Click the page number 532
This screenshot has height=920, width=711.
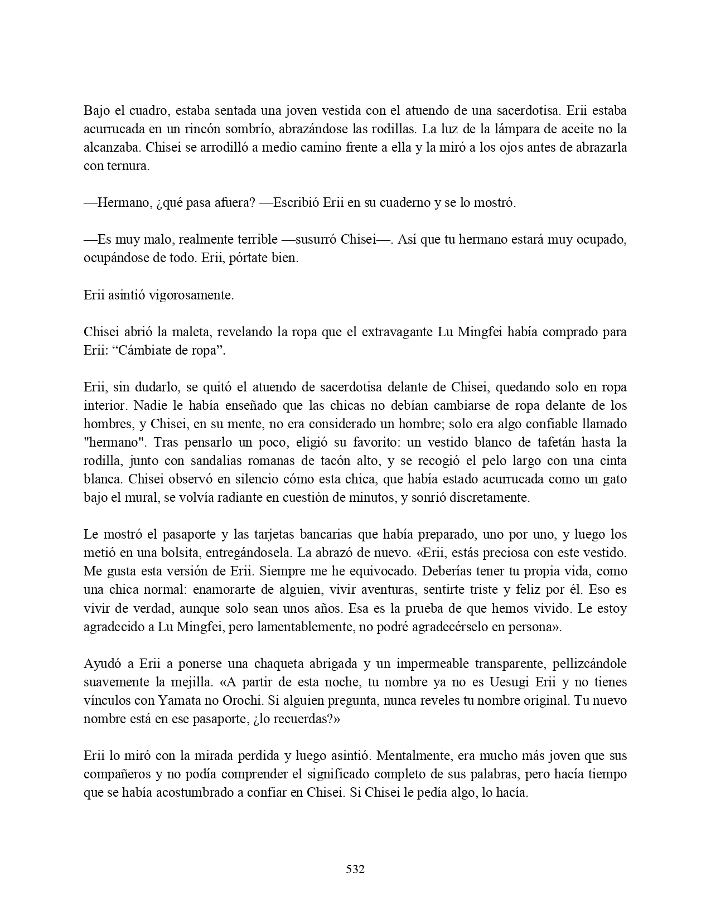355,869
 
